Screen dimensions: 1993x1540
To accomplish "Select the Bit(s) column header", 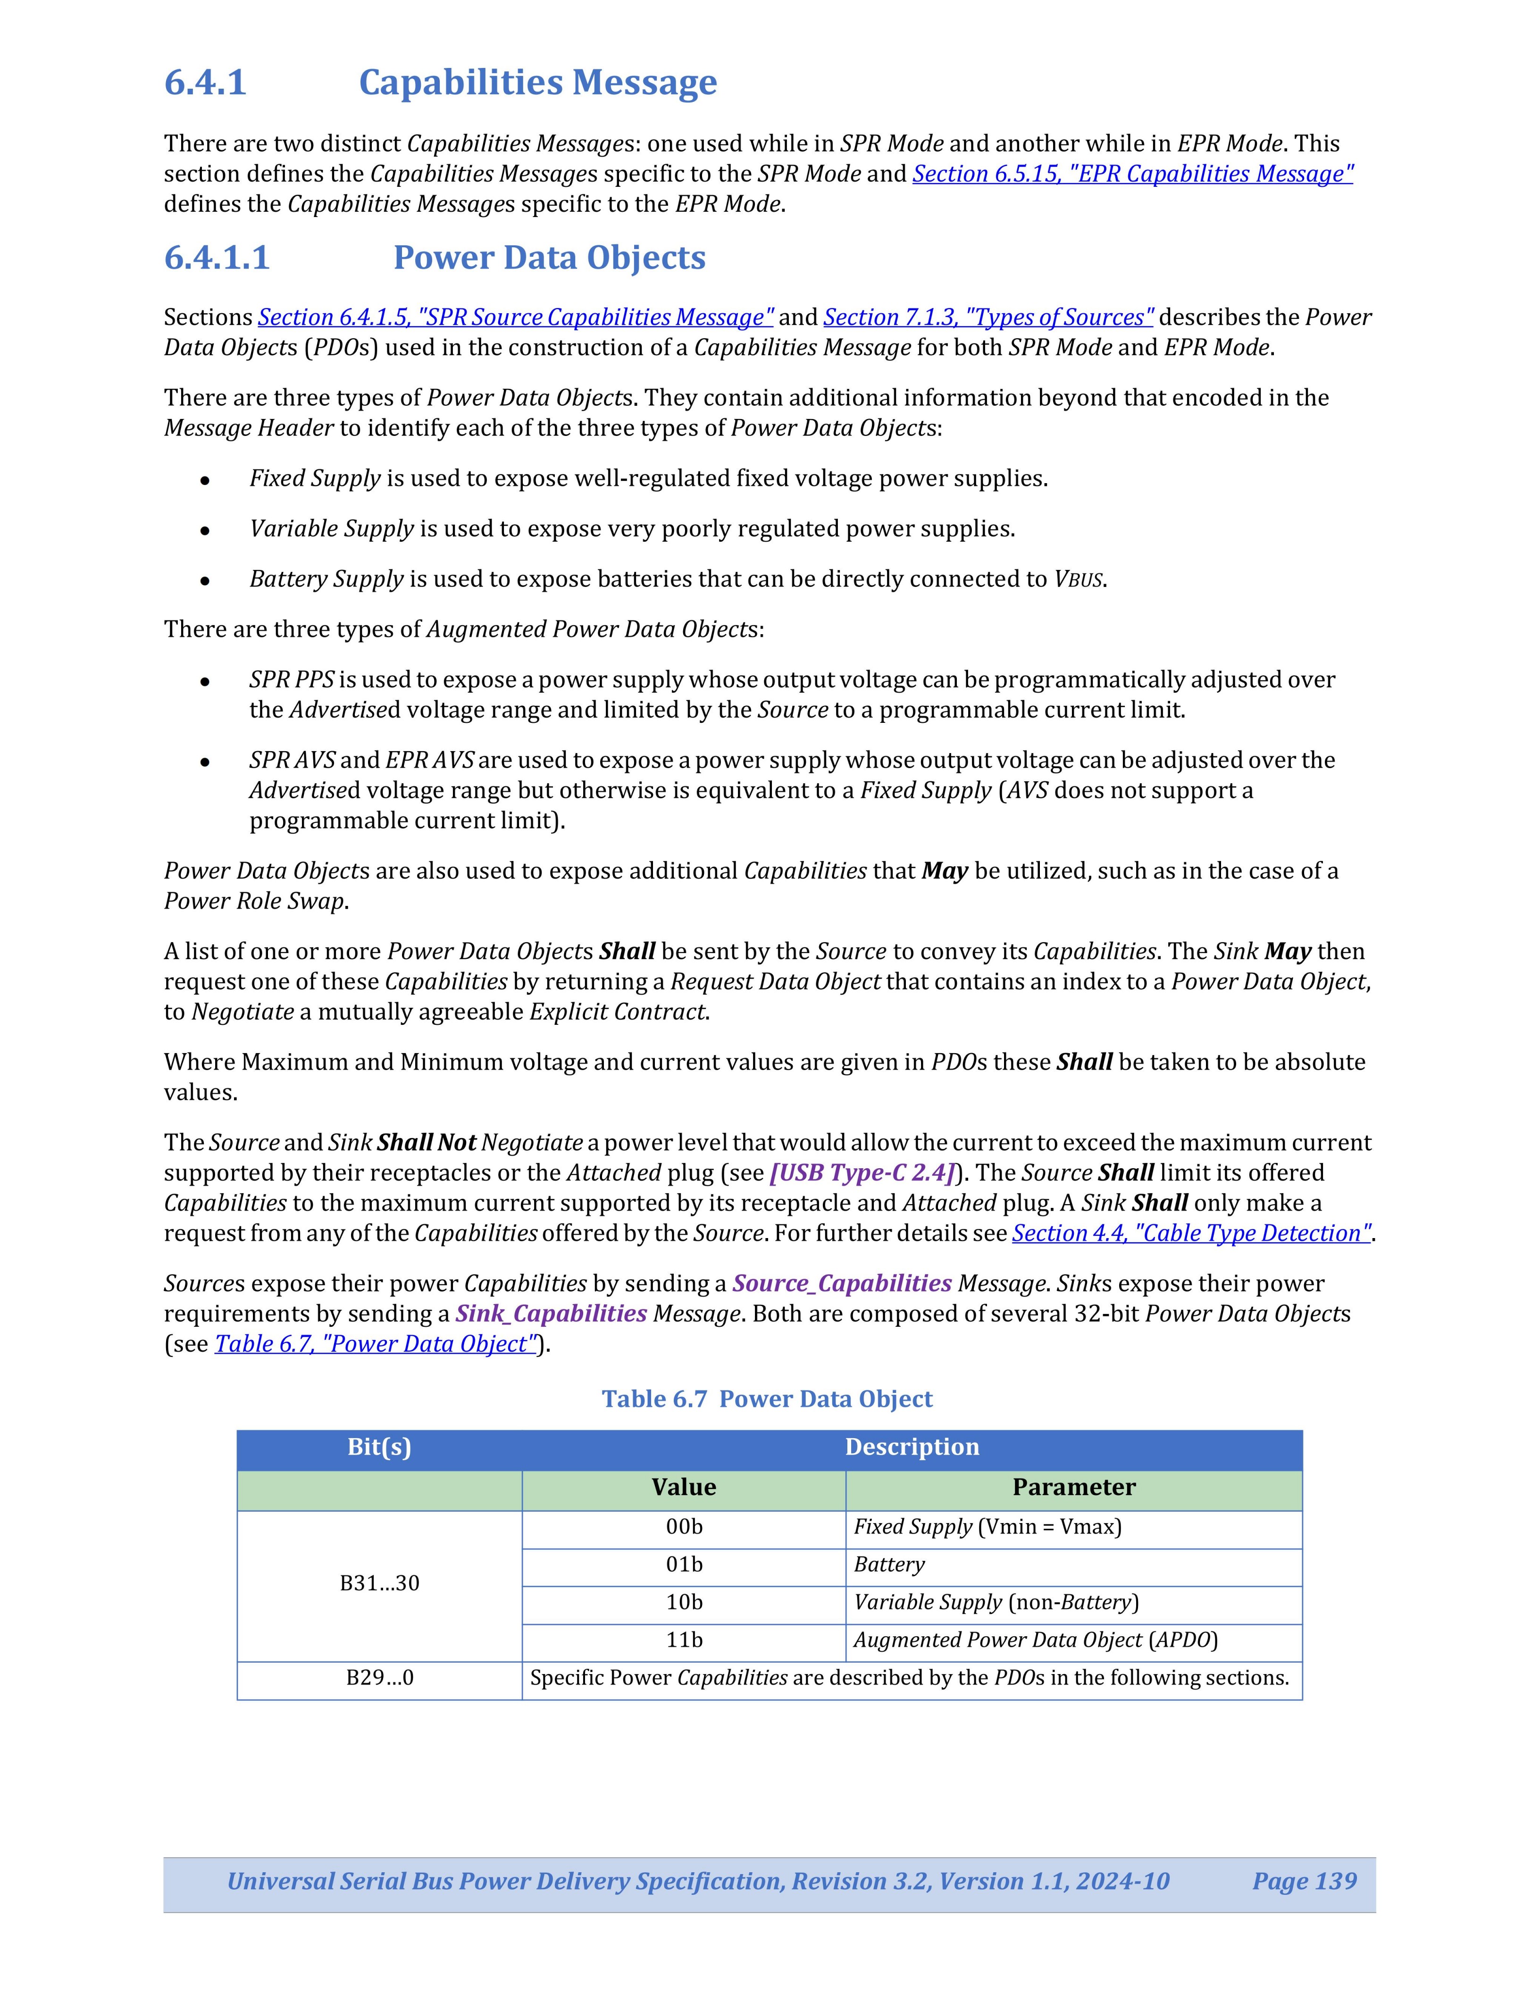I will [x=379, y=1447].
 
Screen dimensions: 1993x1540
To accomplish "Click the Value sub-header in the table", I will [x=683, y=1488].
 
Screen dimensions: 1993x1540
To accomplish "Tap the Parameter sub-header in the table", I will [x=1074, y=1488].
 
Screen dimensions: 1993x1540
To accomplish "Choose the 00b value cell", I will [x=683, y=1527].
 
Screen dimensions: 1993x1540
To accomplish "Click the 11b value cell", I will [x=683, y=1640].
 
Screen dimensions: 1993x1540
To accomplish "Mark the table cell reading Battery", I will [x=889, y=1565].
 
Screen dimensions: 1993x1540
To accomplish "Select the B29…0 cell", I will [x=379, y=1678].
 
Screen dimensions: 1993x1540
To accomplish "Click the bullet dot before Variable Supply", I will [x=206, y=530].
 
